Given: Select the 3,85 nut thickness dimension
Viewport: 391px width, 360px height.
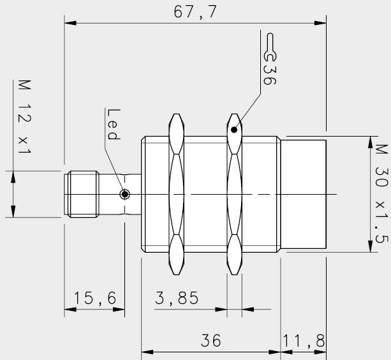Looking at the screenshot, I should pos(177,298).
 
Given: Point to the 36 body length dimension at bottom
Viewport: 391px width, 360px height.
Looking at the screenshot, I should pos(210,341).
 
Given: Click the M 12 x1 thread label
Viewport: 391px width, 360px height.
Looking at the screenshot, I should pos(25,117).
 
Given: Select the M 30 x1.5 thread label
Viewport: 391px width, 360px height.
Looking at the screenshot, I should pos(381,193).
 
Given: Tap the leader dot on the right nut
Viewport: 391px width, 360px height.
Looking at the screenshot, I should pos(235,130).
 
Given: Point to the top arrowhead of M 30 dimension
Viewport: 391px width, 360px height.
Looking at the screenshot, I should pos(369,140).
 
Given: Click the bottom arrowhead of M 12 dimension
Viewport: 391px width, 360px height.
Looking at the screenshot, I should pos(13,212).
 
